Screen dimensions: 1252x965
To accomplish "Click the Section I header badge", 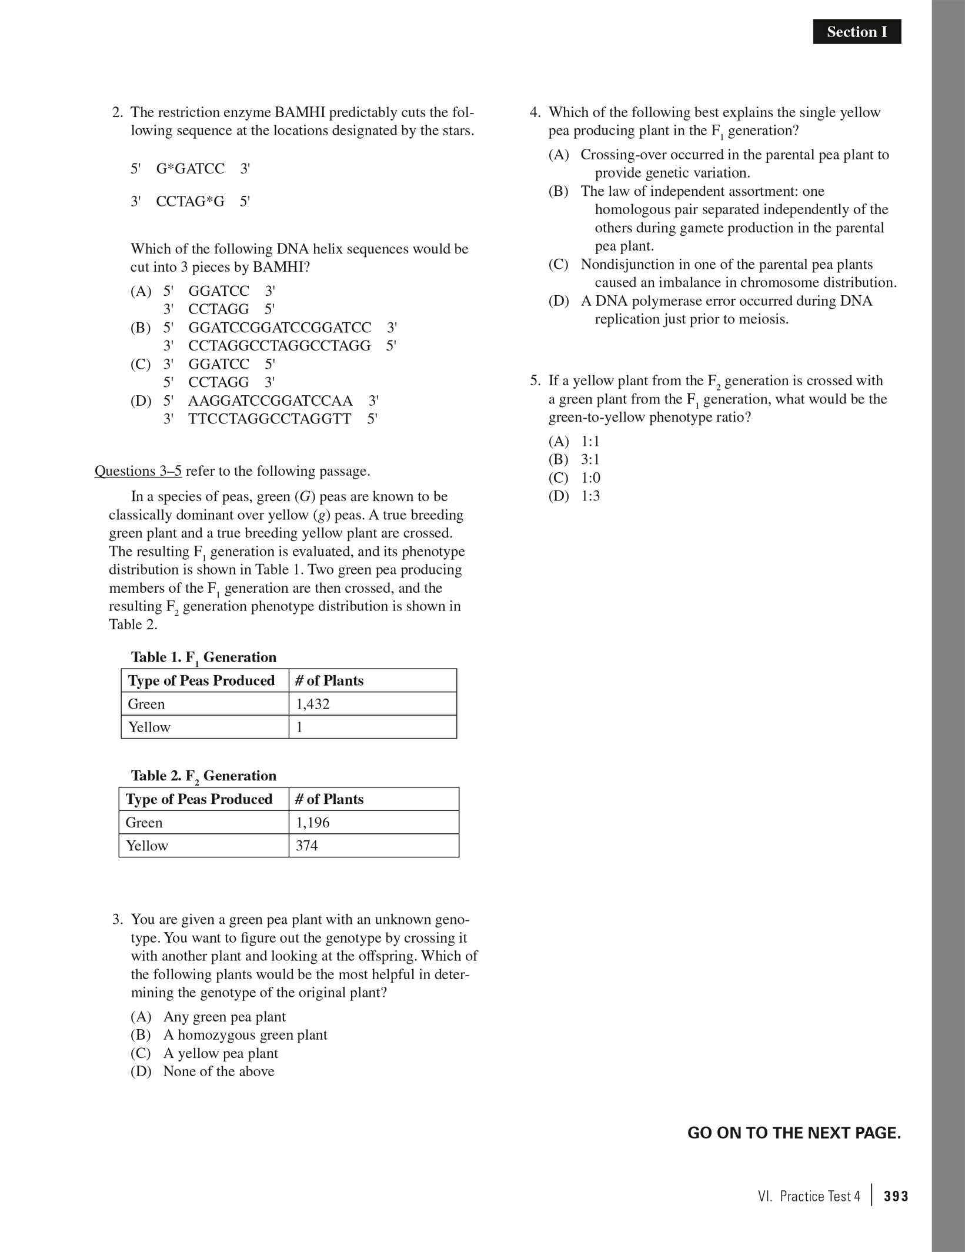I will [x=856, y=32].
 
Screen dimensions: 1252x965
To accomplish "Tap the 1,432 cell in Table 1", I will [x=313, y=704].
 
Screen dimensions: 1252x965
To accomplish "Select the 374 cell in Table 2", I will [x=306, y=846].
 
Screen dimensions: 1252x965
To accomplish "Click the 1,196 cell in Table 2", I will [x=313, y=822].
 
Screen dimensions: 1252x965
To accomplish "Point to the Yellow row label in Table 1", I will [x=149, y=727].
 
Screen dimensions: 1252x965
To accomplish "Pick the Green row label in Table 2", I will [x=144, y=822].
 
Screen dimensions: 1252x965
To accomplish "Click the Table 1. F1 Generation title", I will [x=203, y=657].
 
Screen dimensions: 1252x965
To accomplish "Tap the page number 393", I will [x=896, y=1197].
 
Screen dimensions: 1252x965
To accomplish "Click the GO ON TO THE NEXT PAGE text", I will [x=794, y=1133].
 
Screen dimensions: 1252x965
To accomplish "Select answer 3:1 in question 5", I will [x=590, y=459].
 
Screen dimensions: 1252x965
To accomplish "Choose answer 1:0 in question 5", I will [x=590, y=478].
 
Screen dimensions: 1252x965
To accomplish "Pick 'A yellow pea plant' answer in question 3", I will [x=221, y=1053].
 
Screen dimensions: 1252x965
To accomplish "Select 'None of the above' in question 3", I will [x=219, y=1071].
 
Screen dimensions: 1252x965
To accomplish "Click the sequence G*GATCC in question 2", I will [x=191, y=169].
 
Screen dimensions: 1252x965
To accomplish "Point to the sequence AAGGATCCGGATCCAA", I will [x=271, y=401].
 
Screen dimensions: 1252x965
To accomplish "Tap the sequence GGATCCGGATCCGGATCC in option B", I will [x=280, y=328].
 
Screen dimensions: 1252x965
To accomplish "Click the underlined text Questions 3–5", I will [x=138, y=471].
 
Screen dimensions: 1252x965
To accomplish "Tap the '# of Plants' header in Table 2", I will [x=329, y=799].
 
